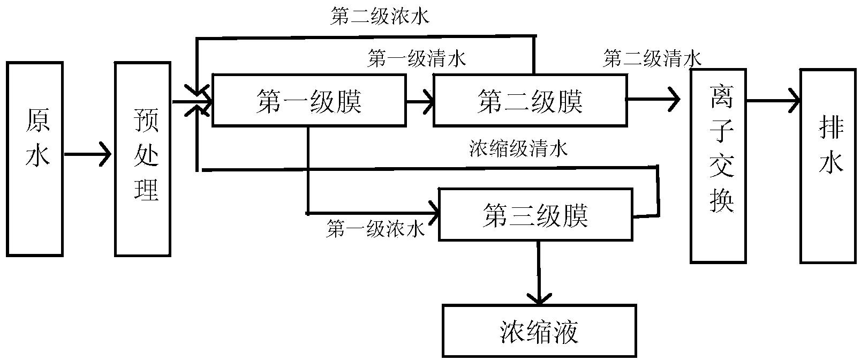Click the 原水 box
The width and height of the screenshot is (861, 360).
[x=35, y=159]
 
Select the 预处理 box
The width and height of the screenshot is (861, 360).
[x=142, y=159]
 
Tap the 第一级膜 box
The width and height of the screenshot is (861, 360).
[x=309, y=100]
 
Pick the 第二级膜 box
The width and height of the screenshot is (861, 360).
[x=530, y=100]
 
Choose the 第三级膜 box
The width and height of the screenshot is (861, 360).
[x=535, y=215]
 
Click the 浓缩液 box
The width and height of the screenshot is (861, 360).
[x=539, y=331]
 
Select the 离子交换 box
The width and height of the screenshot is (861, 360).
[x=718, y=166]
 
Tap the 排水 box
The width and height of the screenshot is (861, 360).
[x=828, y=166]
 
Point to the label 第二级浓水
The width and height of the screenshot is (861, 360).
[x=380, y=17]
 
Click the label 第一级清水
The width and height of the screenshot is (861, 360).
[x=416, y=59]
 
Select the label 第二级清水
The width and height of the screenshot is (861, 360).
[x=652, y=59]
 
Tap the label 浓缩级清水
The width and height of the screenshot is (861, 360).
[x=518, y=148]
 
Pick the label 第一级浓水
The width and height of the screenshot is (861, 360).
[x=375, y=229]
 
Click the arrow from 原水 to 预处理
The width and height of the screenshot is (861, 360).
[x=88, y=154]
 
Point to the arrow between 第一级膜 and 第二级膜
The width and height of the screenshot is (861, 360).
[x=420, y=102]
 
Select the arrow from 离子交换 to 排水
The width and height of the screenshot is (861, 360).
[x=773, y=101]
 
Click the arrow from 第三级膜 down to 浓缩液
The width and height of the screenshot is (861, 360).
[x=539, y=273]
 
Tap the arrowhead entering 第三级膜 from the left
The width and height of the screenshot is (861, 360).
[x=434, y=213]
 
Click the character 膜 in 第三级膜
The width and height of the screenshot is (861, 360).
[x=575, y=215]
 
